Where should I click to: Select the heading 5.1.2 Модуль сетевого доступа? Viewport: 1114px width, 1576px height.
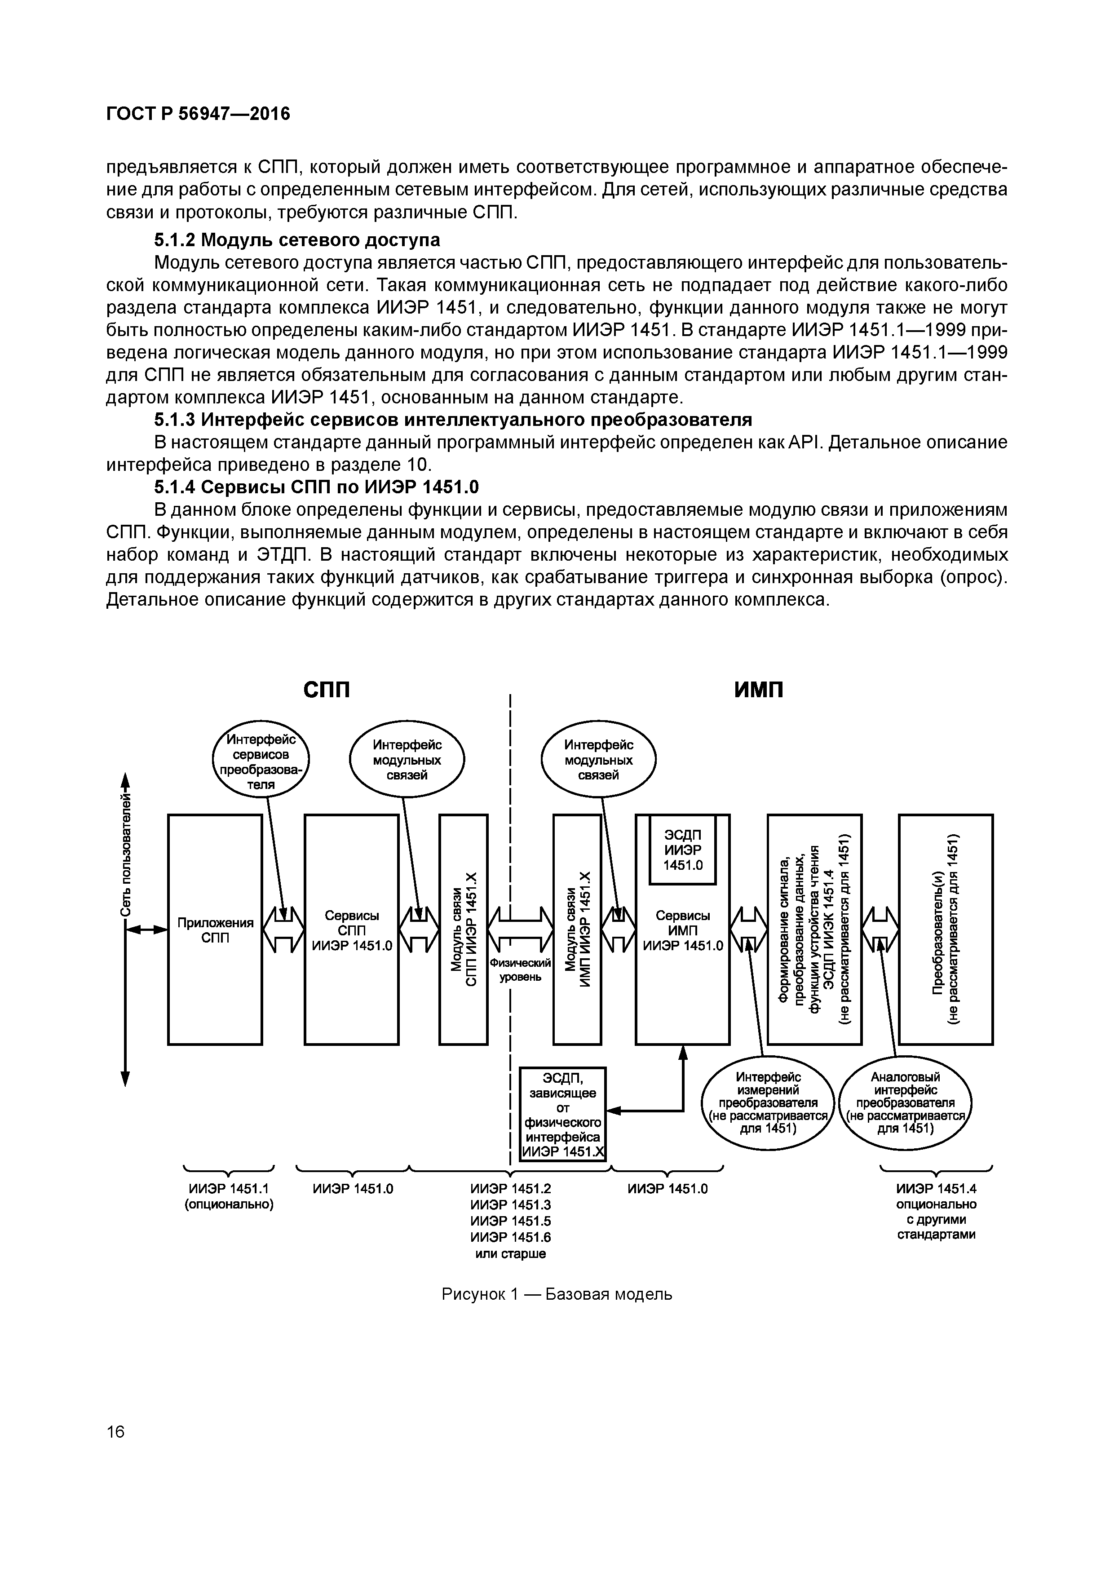[x=296, y=240]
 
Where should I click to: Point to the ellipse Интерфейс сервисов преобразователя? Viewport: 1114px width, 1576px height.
[x=261, y=762]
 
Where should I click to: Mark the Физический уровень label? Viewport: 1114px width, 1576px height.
[x=520, y=970]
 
